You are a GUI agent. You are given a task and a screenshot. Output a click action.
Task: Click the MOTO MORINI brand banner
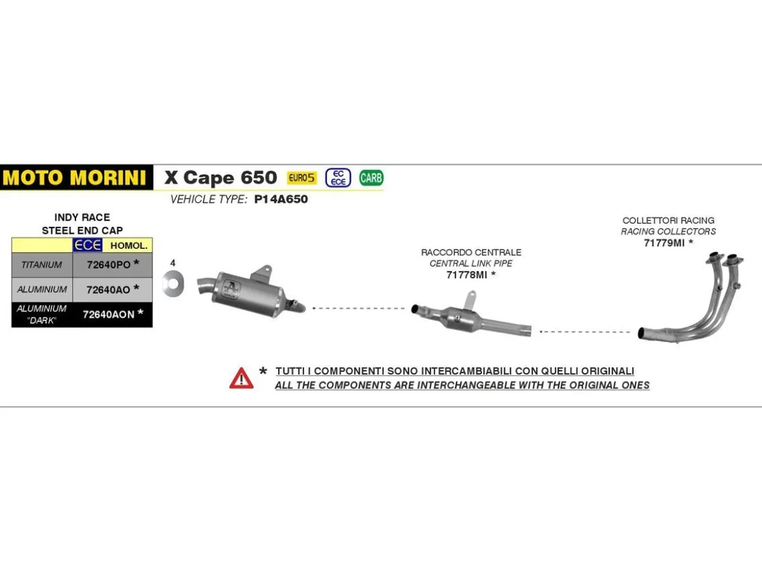pos(76,177)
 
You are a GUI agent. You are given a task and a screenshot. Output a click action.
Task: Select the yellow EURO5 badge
pos(302,178)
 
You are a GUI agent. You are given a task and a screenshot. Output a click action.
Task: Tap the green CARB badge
pos(371,178)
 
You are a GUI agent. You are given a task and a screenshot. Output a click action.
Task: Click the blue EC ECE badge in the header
pos(338,178)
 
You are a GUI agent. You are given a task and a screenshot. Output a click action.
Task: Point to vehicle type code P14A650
pos(281,199)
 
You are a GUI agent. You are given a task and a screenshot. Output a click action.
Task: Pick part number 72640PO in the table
pos(109,265)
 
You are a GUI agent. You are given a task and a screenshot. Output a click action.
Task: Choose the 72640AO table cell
pos(112,290)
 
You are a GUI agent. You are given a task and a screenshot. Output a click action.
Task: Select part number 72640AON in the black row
pos(108,315)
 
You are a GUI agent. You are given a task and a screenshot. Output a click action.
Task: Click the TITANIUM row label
pos(42,265)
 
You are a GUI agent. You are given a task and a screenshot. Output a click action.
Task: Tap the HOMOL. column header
pos(129,246)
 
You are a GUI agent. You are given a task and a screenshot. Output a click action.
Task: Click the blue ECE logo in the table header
pos(87,245)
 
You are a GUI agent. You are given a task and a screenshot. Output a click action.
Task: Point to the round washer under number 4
pos(174,284)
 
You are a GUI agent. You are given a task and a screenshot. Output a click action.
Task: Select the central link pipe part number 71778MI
pos(466,275)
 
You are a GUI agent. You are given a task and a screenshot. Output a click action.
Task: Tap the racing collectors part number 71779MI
pos(664,243)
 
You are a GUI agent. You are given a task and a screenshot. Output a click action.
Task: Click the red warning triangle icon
pos(242,378)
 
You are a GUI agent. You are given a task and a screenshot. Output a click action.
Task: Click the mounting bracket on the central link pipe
pos(470,299)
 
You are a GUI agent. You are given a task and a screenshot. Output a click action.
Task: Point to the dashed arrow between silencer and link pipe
pos(359,308)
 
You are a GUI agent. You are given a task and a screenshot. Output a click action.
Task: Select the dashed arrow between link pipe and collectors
pos(585,332)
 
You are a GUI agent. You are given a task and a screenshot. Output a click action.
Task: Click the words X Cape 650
pos(221,177)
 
